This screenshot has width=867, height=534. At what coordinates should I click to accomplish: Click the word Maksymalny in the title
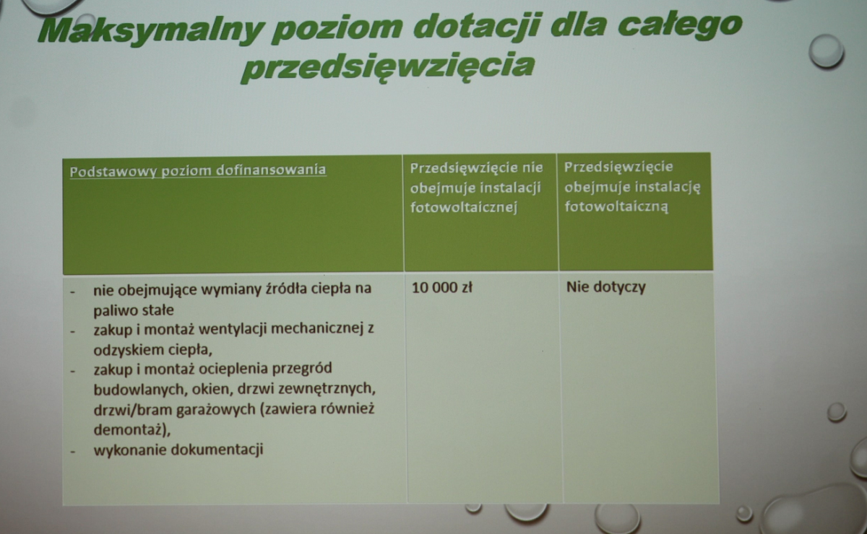click(x=152, y=32)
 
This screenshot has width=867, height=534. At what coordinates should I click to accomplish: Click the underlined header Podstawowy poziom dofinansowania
click(x=198, y=171)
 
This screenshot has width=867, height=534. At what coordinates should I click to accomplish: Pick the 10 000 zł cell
click(x=442, y=288)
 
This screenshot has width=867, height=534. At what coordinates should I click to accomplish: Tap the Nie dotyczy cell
click(x=605, y=287)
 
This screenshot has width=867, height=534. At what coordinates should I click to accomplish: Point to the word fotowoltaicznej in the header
click(x=464, y=208)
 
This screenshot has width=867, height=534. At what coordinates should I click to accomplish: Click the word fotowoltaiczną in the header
click(x=616, y=207)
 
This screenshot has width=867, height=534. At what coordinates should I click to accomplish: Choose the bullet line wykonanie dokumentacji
click(x=178, y=450)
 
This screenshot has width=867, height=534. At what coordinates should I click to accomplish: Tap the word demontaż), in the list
click(x=132, y=430)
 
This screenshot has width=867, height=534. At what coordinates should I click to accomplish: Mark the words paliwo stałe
click(x=134, y=310)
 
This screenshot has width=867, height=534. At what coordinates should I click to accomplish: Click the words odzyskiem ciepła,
click(x=153, y=350)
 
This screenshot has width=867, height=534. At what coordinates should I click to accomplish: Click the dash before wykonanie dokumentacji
click(x=73, y=451)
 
